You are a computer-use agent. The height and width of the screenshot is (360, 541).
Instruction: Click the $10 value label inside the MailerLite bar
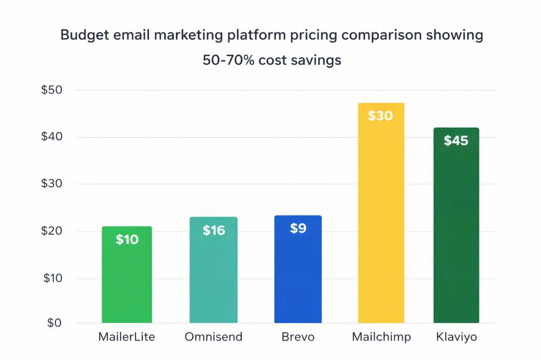click(x=127, y=240)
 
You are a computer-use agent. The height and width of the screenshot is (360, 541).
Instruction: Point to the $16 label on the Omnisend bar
click(x=214, y=230)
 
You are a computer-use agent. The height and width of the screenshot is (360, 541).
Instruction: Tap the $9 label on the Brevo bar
click(x=298, y=228)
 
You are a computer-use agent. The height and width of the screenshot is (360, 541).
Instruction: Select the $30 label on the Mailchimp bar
click(x=380, y=116)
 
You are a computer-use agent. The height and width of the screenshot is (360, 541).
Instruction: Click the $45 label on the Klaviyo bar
click(x=456, y=141)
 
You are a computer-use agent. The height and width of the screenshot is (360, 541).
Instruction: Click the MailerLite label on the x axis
click(x=126, y=337)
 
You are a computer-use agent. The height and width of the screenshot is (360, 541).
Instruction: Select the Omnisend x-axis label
click(x=213, y=337)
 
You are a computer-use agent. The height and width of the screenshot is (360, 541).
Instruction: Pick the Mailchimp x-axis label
click(x=381, y=337)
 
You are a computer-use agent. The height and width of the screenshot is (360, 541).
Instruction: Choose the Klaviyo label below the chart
click(x=456, y=337)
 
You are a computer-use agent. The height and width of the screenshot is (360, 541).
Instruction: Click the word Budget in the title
click(x=85, y=36)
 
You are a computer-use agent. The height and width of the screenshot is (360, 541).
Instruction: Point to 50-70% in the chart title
click(x=229, y=60)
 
